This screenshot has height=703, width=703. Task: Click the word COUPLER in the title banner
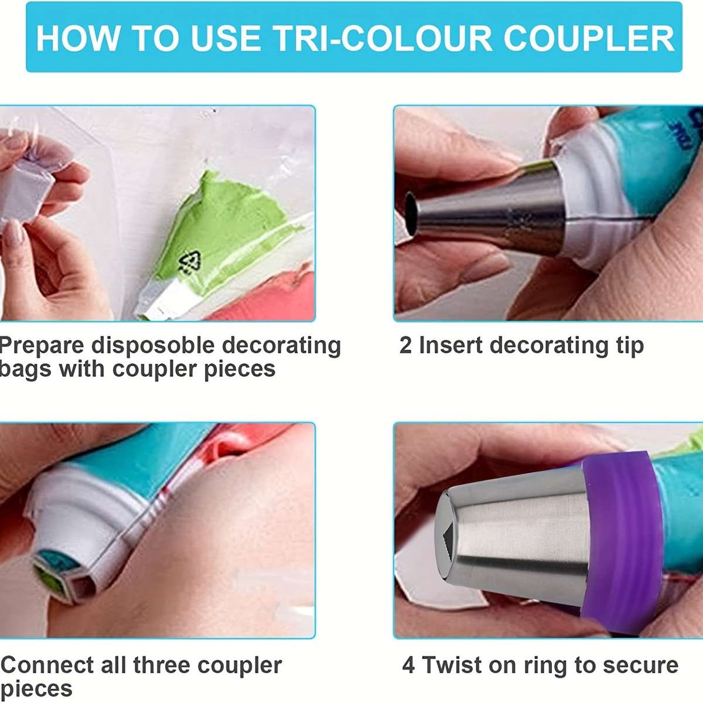[x=588, y=38]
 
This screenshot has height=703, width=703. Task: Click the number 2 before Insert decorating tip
[x=405, y=346]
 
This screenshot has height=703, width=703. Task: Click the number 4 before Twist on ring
[x=409, y=666]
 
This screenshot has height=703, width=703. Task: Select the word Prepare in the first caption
[x=41, y=346]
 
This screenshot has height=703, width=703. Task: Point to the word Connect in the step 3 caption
[x=47, y=666]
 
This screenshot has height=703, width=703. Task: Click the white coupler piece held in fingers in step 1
[x=26, y=187]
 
